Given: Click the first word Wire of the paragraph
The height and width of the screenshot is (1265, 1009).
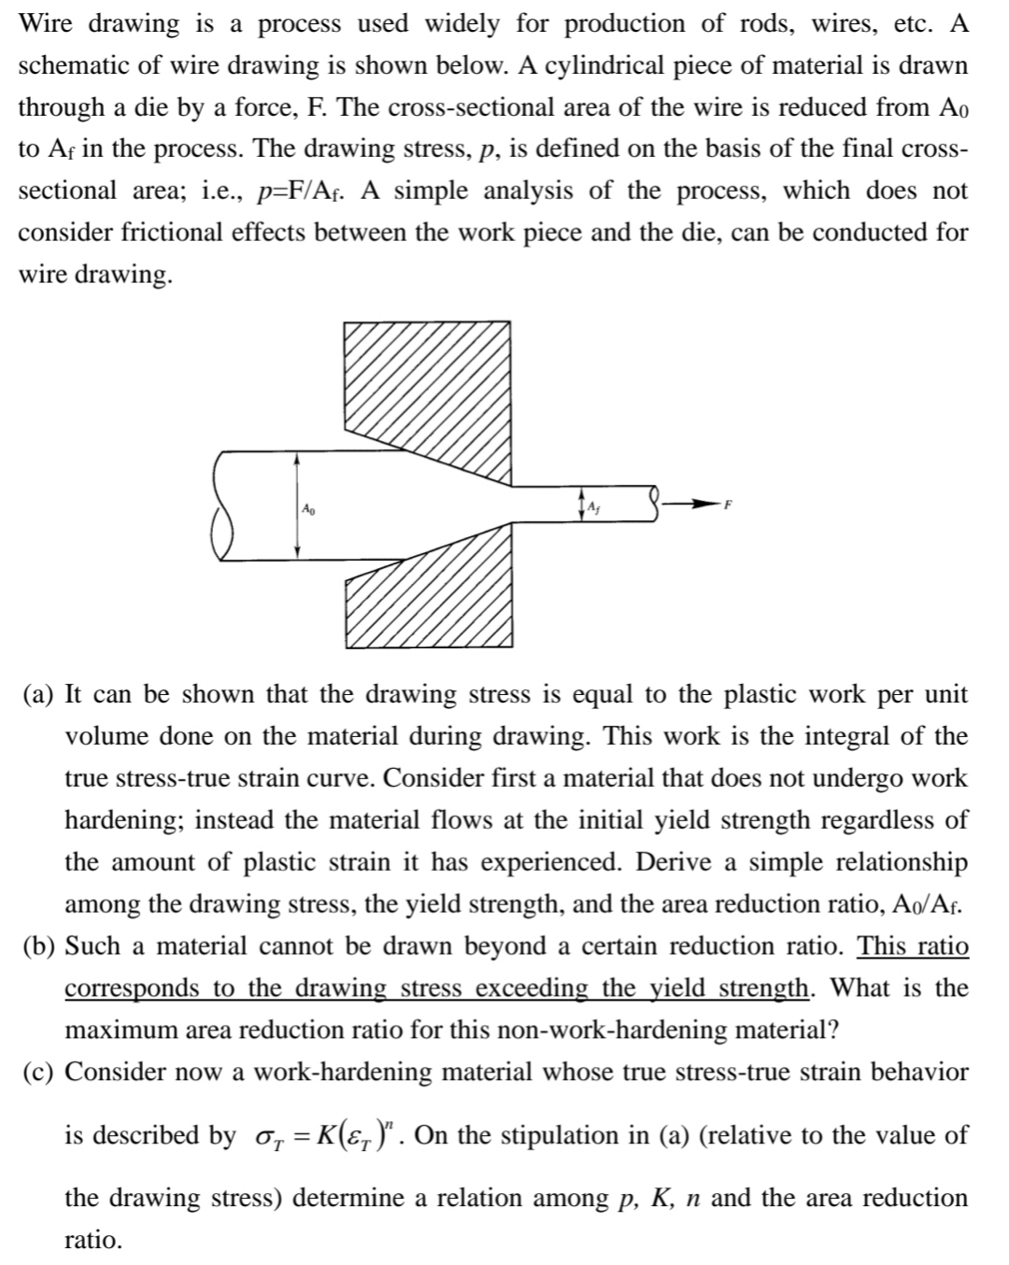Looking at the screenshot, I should tap(47, 24).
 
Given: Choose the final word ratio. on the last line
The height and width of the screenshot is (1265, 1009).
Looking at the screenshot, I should tap(92, 1240).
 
